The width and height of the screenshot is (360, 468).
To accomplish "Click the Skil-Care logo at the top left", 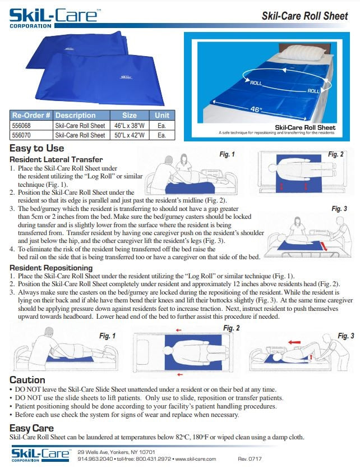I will point(54,16).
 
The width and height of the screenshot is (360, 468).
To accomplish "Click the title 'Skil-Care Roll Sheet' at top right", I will point(304,16).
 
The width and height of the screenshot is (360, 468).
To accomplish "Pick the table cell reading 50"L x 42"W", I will point(130,135).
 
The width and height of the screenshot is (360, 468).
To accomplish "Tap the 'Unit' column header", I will point(161,116).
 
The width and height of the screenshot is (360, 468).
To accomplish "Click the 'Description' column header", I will point(76,116).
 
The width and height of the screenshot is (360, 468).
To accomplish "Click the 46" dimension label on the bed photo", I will point(256,109).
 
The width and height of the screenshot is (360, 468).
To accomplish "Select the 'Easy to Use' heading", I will point(37,149).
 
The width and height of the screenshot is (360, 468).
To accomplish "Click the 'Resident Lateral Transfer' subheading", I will point(56,160).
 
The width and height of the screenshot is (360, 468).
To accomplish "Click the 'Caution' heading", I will point(27,380).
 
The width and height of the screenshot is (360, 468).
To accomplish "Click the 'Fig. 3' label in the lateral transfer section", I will point(339,209).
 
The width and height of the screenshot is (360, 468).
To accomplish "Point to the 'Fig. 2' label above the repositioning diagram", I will point(232,328).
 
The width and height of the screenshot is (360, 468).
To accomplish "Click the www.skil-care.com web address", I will point(196,459).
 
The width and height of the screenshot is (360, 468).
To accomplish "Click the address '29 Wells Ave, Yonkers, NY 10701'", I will point(116,452).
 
